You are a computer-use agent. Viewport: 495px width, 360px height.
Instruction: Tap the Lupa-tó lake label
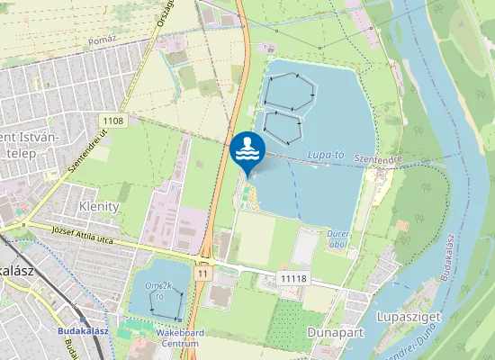327,156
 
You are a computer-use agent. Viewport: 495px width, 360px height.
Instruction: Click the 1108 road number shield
113,121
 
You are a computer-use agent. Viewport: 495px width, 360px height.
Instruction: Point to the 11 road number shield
205,272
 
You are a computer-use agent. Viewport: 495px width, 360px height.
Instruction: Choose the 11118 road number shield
293,279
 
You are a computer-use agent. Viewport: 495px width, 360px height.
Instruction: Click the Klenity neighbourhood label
99,206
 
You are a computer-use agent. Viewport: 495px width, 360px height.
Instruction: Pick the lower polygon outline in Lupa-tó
282,127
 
